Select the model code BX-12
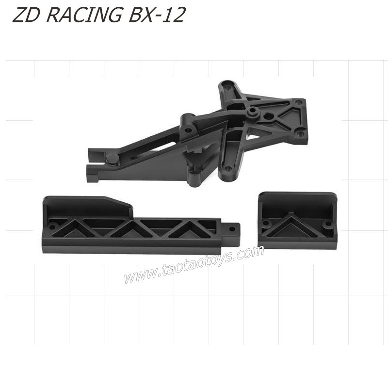click(157, 15)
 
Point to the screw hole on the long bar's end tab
click(232, 229)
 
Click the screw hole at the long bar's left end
click(52, 226)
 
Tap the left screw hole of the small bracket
click(266, 223)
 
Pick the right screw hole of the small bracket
click(328, 224)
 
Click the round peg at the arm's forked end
click(113, 159)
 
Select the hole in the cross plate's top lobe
click(227, 87)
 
